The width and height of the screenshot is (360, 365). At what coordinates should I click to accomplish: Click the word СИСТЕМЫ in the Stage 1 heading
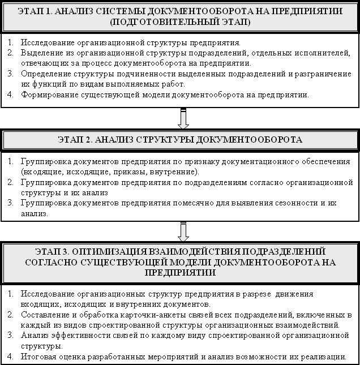(133, 11)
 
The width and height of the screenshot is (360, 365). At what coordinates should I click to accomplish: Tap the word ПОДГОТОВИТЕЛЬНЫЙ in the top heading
(169, 22)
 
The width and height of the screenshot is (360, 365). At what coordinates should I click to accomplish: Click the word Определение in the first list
(45, 74)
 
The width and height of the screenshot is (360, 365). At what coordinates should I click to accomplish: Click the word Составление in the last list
(45, 315)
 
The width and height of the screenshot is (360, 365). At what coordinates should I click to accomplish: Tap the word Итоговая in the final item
(40, 357)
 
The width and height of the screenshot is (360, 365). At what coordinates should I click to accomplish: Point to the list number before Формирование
(11, 95)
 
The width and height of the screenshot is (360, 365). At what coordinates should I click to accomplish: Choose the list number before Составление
(11, 315)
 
